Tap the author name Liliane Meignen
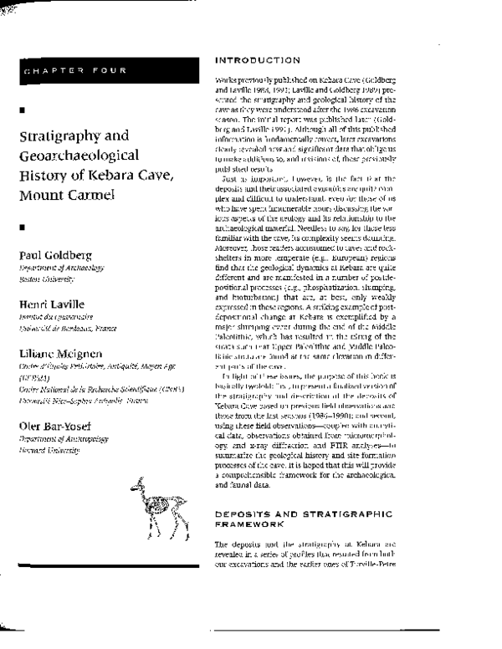click(61, 355)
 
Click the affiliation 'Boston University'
click(44, 278)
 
